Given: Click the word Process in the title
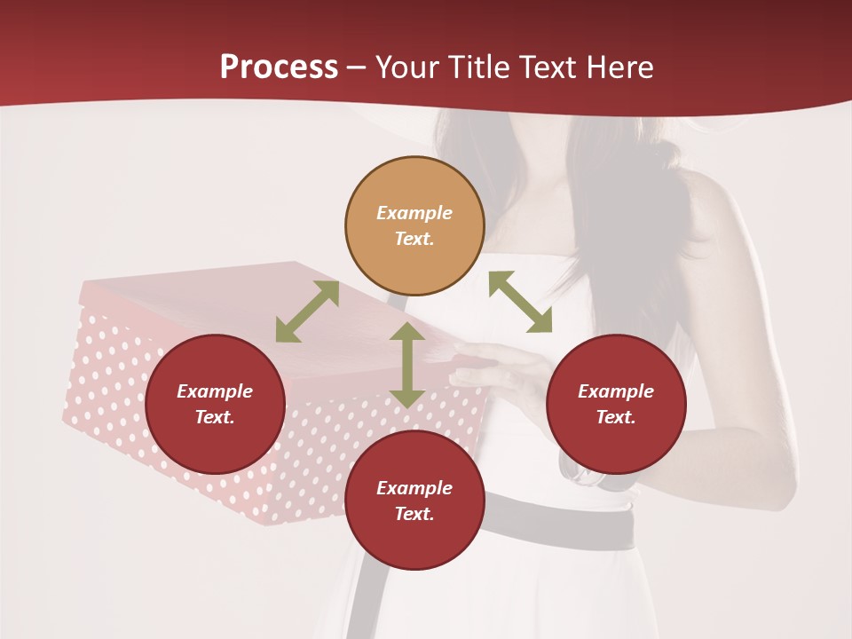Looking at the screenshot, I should [279, 67].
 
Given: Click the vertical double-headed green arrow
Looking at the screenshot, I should [406, 365].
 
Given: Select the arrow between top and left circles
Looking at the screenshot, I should [307, 312].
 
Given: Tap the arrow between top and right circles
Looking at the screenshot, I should [520, 303].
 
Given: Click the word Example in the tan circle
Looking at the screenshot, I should [414, 213].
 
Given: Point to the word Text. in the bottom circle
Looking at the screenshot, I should [414, 514].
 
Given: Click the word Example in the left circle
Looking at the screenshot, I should [215, 391].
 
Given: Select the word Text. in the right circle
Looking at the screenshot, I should [615, 417].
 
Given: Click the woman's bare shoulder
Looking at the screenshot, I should [710, 204].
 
